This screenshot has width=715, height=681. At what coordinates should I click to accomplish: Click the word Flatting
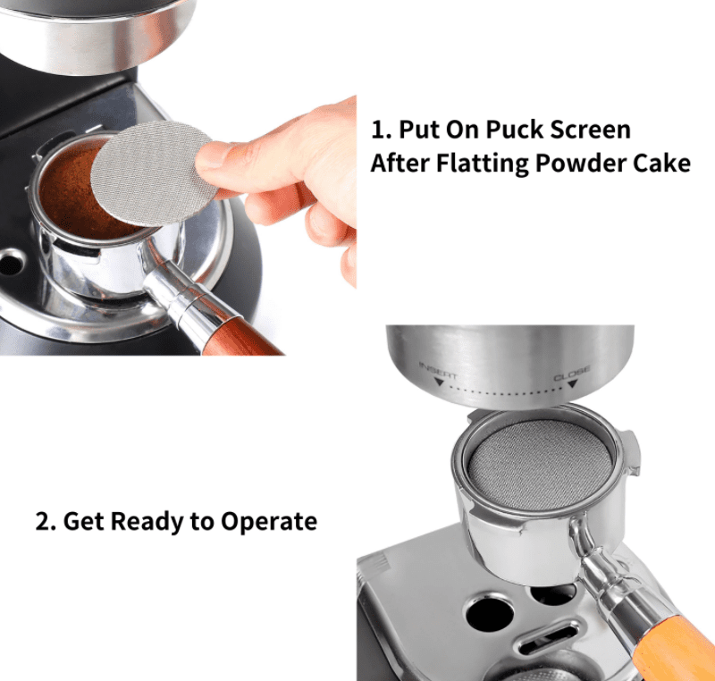pos(483,164)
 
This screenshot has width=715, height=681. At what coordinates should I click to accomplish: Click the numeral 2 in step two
pos(42,521)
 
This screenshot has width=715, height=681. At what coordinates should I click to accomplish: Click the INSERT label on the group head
pos(438,370)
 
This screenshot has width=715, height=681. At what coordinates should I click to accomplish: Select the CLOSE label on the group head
pos(572,373)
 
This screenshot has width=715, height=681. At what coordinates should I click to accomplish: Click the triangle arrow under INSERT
pos(439,382)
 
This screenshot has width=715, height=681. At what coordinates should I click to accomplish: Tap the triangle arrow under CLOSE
pos(573,384)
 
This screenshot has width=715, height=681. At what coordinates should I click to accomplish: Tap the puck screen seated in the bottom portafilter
pos(539,465)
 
